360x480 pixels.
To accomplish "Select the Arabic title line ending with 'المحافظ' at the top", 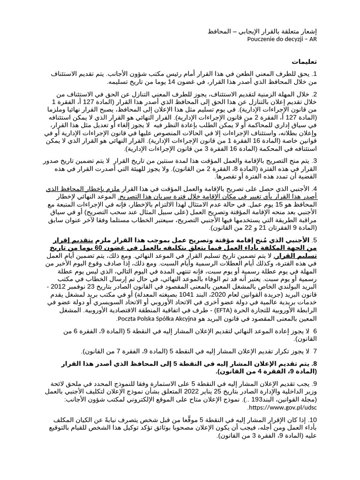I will [x=263, y=31].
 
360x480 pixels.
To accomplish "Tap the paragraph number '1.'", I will [x=315, y=74].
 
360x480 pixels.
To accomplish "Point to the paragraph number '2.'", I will [x=315, y=94].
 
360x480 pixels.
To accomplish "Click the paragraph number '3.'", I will [x=315, y=161].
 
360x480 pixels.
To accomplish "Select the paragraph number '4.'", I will [x=315, y=188].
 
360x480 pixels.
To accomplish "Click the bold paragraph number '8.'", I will [x=315, y=363].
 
